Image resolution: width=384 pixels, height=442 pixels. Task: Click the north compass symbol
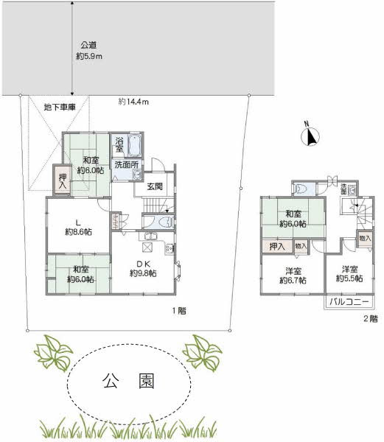(310, 135)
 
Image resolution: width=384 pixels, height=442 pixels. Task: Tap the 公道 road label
(88, 45)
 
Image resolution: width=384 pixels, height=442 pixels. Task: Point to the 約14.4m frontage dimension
(133, 102)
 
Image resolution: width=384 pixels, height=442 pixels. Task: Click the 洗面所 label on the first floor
(125, 165)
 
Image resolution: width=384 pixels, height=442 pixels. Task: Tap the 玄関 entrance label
(155, 186)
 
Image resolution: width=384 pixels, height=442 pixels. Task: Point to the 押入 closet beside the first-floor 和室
(63, 182)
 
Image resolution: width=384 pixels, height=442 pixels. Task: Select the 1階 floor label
(178, 310)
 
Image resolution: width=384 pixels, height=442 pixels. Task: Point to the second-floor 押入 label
(277, 246)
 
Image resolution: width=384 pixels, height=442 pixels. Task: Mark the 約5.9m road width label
(88, 56)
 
